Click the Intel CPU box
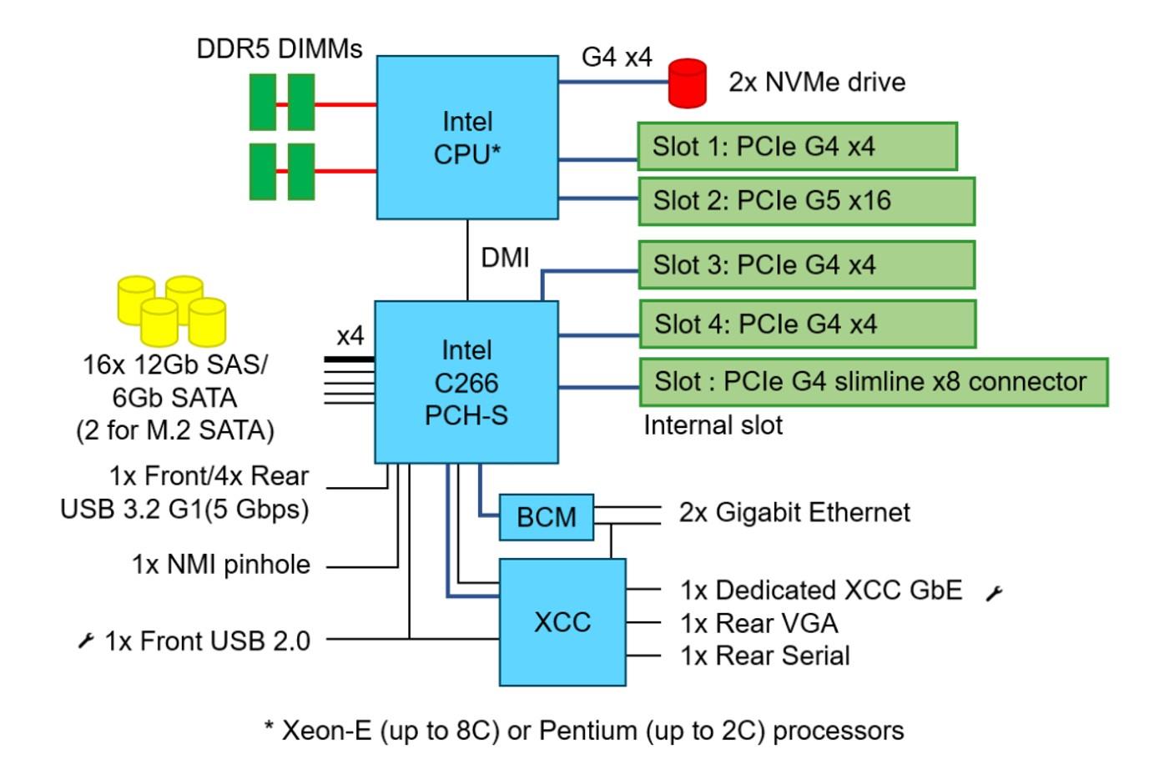467,138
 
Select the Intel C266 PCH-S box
466,382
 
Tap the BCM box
547,517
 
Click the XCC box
562,622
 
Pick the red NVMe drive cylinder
688,83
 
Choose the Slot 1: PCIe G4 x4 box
797,147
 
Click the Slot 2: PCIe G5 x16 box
806,201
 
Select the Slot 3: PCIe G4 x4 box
806,265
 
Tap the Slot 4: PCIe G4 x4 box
807,324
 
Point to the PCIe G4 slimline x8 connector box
874,382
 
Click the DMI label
505,258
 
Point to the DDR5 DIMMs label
280,48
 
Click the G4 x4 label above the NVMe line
617,57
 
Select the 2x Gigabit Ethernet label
794,512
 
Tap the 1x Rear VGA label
759,623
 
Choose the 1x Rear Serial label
765,656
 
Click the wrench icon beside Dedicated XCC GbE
994,593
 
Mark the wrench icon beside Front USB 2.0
86,641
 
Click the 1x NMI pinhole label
221,565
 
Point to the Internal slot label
713,425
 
